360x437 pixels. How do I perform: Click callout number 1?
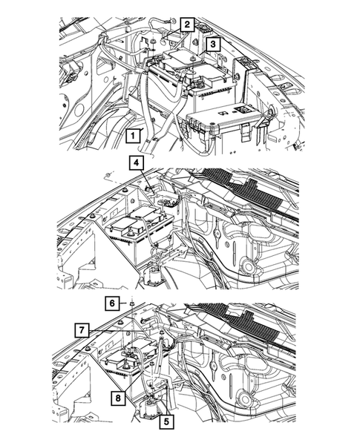click(134, 135)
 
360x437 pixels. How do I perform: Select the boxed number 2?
click(189, 25)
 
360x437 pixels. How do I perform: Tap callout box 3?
click(213, 45)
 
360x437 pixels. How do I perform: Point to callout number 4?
click(137, 163)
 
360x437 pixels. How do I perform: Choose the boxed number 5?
click(166, 421)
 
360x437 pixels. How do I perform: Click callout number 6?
click(111, 303)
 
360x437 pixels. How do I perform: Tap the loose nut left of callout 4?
click(109, 176)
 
